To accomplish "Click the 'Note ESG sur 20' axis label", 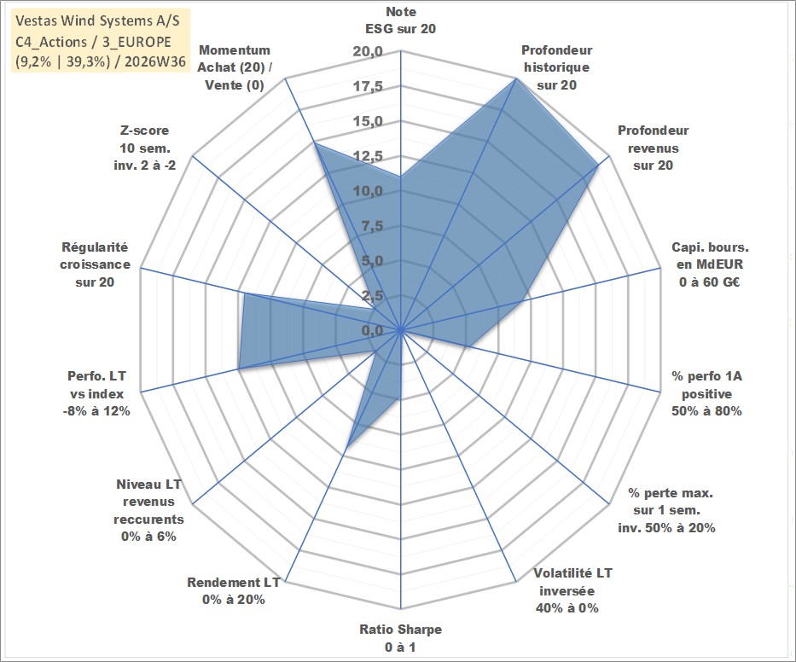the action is coord(400,20).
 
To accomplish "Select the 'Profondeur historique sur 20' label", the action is coord(556,67).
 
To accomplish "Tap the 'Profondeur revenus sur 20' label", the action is coord(653,148).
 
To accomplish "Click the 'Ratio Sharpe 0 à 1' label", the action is coord(400,638).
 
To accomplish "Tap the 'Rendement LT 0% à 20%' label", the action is coord(234,591).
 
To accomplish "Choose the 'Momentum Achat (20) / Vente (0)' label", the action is coord(234,67).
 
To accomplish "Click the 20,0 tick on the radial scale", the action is coord(368,52).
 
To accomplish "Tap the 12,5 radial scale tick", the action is coord(368,156).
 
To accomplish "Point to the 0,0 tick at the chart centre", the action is coord(372,330).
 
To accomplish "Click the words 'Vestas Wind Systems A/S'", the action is coord(97,20).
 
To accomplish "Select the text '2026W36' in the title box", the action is coord(154,61).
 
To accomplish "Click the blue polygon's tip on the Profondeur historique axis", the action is coord(516,78).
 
